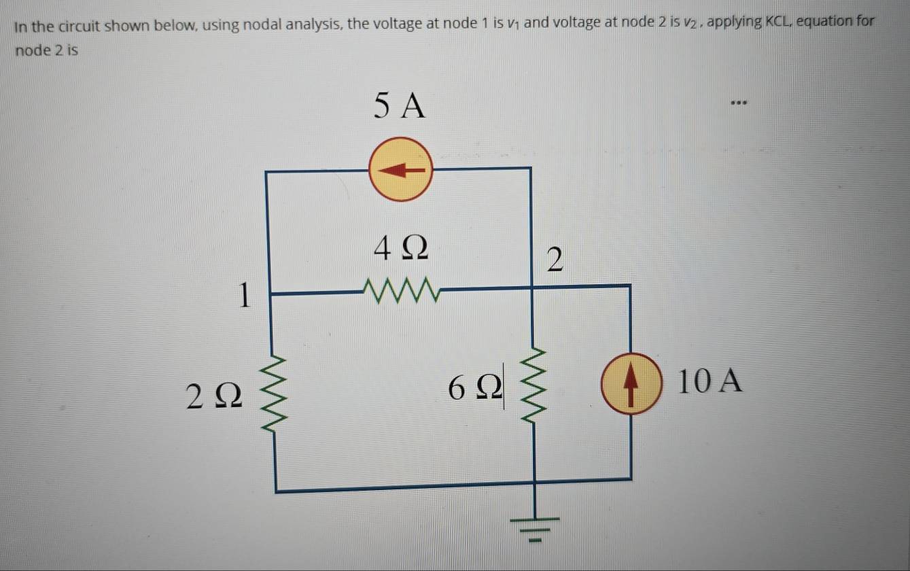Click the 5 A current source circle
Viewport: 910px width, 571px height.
point(400,169)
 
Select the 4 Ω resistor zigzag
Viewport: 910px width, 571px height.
point(404,290)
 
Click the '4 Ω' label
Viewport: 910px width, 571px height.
point(402,250)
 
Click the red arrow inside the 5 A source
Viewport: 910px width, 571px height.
point(401,170)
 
